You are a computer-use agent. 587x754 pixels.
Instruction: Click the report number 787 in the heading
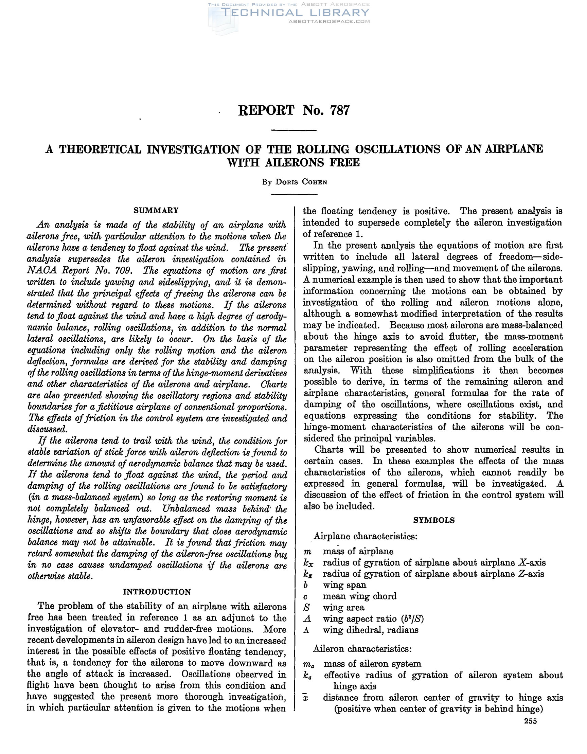click(340, 110)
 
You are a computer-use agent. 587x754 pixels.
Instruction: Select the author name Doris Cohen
click(301, 182)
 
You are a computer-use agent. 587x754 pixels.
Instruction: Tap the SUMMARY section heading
click(156, 211)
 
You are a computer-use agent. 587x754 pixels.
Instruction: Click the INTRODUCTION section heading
click(157, 592)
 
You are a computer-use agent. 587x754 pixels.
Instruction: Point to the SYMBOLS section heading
click(434, 520)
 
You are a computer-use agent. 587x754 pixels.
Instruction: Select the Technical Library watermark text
click(296, 13)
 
